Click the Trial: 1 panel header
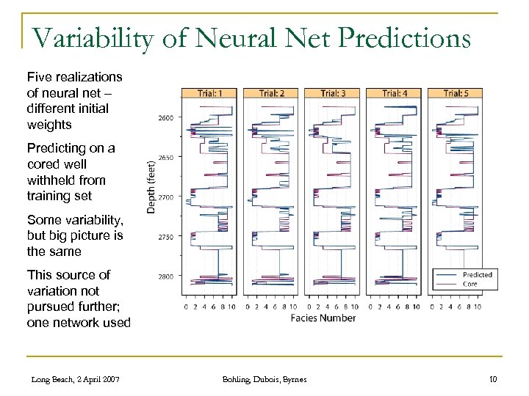[x=209, y=93]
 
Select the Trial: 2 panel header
[x=270, y=93]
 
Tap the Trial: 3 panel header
[x=332, y=93]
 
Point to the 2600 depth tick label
[x=165, y=118]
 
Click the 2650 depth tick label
[x=165, y=158]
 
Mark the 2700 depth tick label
[x=165, y=197]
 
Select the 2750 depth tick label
[x=165, y=237]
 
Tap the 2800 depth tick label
[x=165, y=276]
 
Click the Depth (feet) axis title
[x=151, y=186]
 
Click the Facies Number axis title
[x=323, y=318]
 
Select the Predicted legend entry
[x=477, y=274]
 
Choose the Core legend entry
[x=469, y=284]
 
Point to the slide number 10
[x=493, y=378]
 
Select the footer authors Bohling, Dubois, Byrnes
[x=264, y=378]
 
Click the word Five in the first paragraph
[x=39, y=76]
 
